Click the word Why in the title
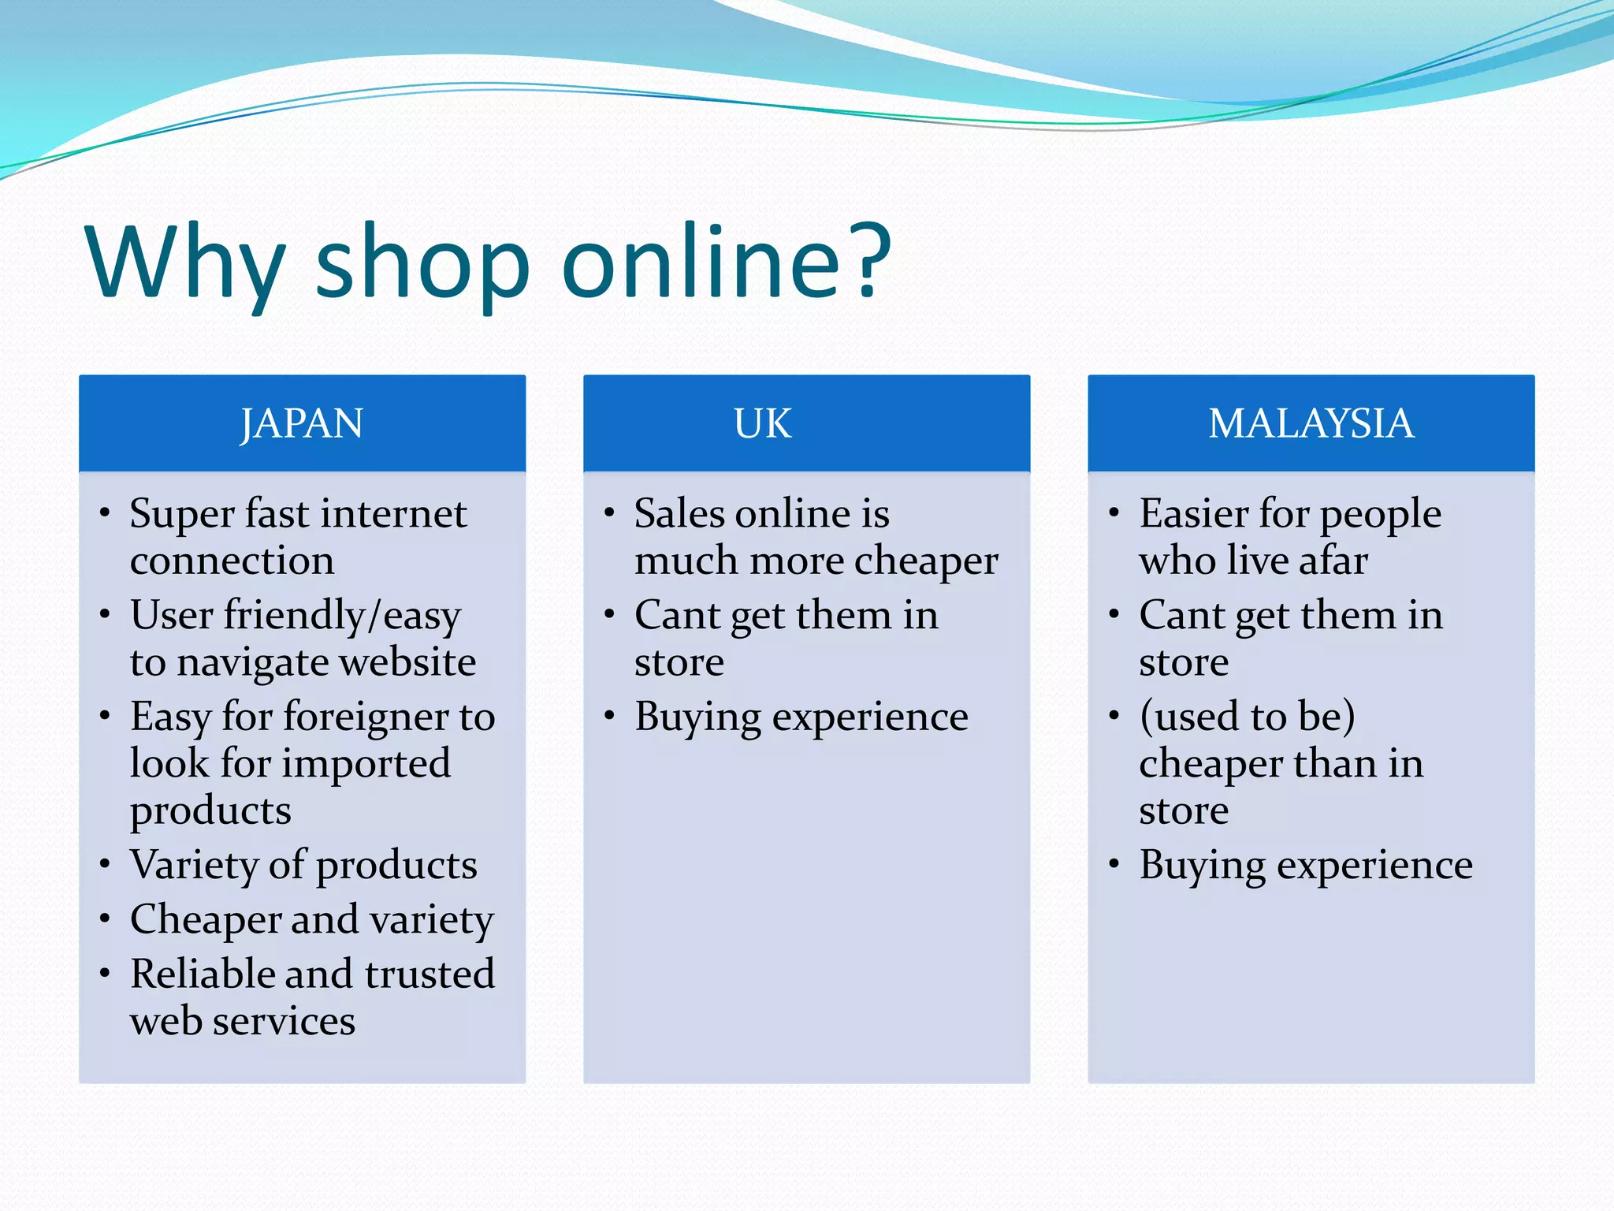pos(184,264)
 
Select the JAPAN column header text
pos(302,424)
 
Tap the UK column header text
pos(762,424)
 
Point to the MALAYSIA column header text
pos(1311,424)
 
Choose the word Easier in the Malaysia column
pos(1193,514)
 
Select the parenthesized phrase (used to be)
pos(1247,717)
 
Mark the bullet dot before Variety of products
pos(105,865)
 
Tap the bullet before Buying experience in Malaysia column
pos(1114,865)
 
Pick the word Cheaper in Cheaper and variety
pos(205,920)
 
